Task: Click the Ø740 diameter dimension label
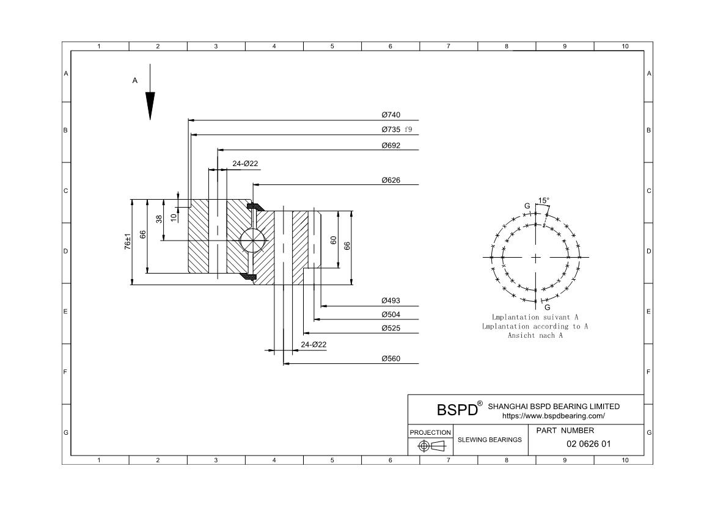(391, 115)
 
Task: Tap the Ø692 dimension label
(391, 145)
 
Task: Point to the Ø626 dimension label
(391, 180)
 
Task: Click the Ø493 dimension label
(391, 300)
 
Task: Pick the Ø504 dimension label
(391, 314)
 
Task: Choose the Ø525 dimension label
(391, 329)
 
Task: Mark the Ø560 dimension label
(391, 358)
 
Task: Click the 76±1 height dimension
(128, 241)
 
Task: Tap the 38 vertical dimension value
(159, 219)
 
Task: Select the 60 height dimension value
(334, 240)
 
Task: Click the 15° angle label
(543, 200)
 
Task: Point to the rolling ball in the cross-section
(253, 239)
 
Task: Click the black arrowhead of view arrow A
(150, 105)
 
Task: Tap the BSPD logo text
(457, 409)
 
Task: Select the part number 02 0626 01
(588, 444)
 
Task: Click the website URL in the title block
(553, 416)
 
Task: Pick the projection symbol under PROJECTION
(431, 446)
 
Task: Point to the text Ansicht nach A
(535, 335)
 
